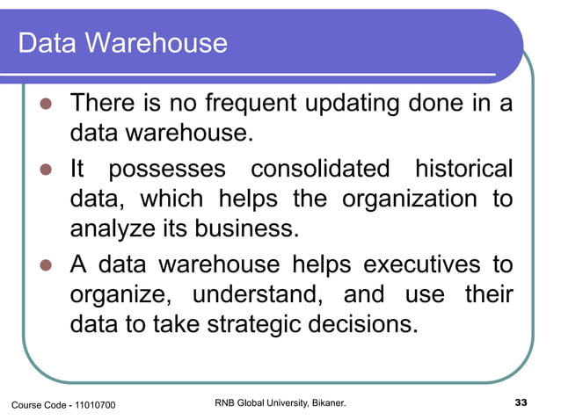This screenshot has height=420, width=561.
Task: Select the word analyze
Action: click(104, 230)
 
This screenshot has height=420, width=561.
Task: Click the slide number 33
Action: click(520, 403)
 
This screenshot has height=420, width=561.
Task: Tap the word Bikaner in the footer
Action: click(325, 403)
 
